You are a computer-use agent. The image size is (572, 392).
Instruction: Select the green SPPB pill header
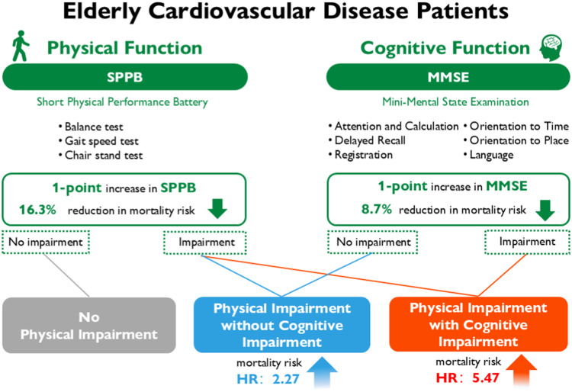point(126,77)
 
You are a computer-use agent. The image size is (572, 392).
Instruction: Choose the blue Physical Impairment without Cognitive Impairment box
point(282,325)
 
